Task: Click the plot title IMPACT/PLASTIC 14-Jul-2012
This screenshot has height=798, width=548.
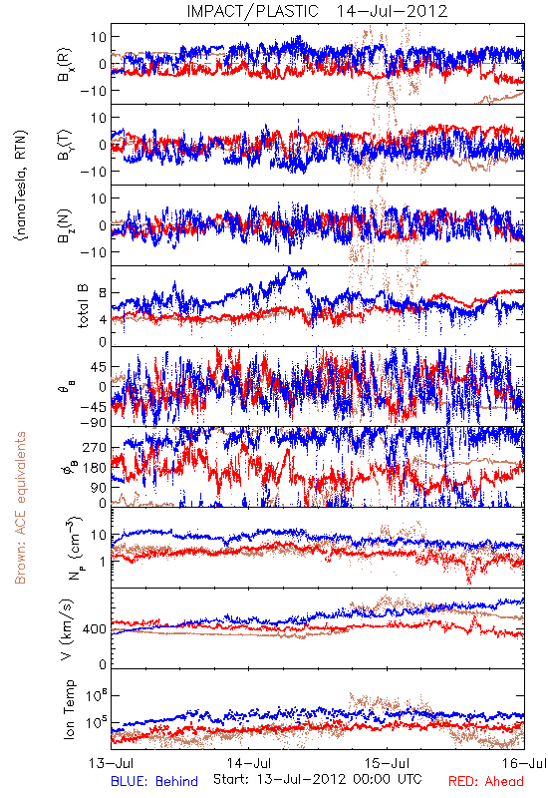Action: point(317,11)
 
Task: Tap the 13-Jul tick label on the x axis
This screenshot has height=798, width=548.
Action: point(111,763)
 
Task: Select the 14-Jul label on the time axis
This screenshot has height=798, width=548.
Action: point(248,763)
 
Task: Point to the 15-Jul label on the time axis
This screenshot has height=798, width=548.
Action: point(387,763)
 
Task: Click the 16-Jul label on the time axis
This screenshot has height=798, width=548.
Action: point(525,763)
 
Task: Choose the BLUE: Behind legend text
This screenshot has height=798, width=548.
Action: point(154,781)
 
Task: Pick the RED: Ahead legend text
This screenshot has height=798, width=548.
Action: point(486,781)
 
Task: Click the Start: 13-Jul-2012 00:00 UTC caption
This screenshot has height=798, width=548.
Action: point(317,779)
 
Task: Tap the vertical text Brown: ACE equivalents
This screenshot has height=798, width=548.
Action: point(20,508)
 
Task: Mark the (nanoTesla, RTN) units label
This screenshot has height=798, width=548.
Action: point(21,185)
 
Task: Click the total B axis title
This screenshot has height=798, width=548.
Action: point(83,305)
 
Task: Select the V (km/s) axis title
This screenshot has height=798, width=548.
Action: point(67,629)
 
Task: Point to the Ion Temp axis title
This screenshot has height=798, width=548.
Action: point(69,709)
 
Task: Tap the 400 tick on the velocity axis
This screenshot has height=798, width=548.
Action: point(94,629)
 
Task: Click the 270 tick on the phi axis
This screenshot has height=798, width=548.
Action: point(94,447)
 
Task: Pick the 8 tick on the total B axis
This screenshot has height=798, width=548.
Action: point(103,292)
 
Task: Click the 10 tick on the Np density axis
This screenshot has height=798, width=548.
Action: point(99,536)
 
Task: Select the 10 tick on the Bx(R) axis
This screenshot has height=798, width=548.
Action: point(99,37)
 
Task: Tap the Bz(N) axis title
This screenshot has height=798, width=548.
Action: point(65,225)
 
